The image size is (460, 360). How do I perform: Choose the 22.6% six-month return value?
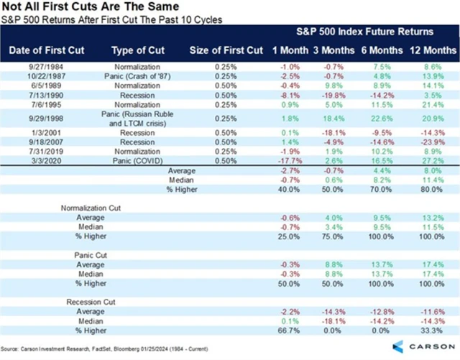[x=381, y=118]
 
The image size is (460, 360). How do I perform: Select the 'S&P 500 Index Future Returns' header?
[x=366, y=33]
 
